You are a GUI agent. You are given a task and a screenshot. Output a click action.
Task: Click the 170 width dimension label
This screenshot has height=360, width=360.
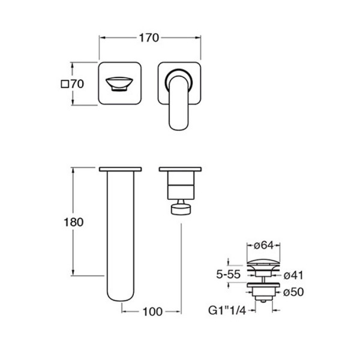pyautogui.click(x=149, y=38)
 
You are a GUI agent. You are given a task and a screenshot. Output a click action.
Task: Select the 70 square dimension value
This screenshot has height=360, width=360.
pyautogui.click(x=77, y=84)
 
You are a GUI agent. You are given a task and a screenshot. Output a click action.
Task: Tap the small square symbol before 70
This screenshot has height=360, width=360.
pyautogui.click(x=65, y=84)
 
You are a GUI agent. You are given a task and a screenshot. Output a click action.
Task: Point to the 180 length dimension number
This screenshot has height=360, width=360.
pyautogui.click(x=73, y=222)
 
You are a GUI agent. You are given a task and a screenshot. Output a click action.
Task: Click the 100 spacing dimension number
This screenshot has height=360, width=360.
pyautogui.click(x=152, y=311)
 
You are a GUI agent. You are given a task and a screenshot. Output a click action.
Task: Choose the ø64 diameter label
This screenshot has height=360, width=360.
pyautogui.click(x=264, y=245)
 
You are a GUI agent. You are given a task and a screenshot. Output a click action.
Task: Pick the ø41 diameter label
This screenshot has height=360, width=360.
pyautogui.click(x=293, y=275)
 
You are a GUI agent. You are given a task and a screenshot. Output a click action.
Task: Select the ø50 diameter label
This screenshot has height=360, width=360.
pyautogui.click(x=293, y=292)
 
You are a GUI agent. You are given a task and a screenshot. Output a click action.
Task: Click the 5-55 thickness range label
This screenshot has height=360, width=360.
pyautogui.click(x=228, y=274)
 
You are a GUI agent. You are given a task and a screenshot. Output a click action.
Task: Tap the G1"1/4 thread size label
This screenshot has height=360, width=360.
pyautogui.click(x=227, y=310)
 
